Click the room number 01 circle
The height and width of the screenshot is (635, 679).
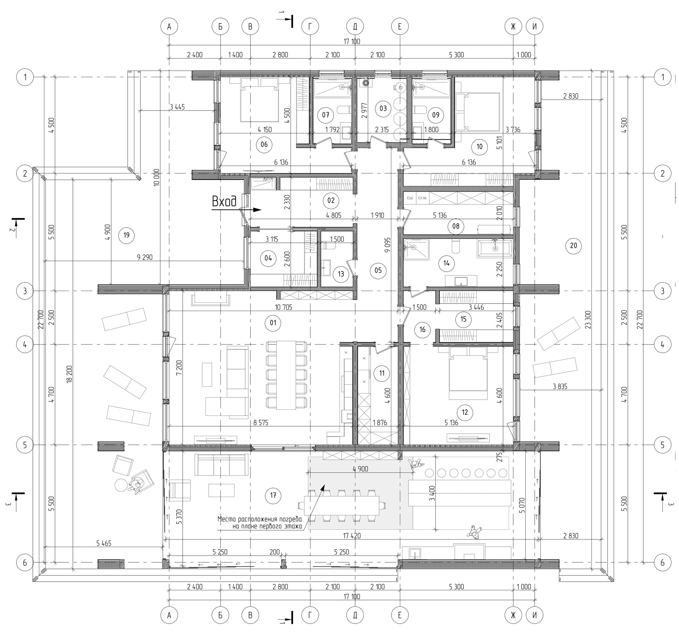point(273,323)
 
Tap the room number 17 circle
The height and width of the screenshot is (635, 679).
point(273,496)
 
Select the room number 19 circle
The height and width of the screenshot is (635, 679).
point(126,235)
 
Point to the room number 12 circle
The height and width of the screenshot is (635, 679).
point(465,412)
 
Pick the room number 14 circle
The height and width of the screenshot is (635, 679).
point(446,264)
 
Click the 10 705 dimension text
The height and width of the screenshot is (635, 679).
point(283,307)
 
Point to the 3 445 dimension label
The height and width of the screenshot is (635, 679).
point(177,107)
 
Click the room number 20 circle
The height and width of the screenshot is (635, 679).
point(573,246)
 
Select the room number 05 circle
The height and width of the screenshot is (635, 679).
point(378,270)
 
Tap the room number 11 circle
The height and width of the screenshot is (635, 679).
point(382,373)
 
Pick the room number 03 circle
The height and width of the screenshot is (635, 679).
point(383,108)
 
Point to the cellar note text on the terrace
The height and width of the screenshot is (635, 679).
point(260,523)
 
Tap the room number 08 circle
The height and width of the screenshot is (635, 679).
point(456,226)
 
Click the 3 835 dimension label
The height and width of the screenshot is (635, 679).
point(560,386)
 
